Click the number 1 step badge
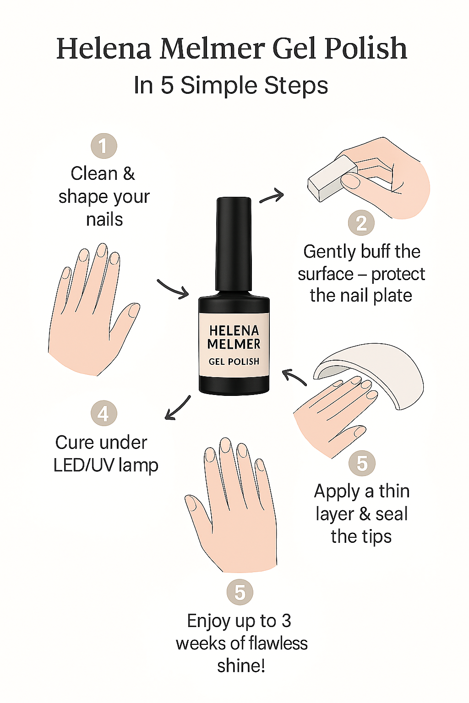(104, 146)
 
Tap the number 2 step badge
(361, 223)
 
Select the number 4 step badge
(104, 413)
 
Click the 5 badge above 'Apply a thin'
(362, 463)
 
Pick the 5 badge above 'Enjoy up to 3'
(240, 592)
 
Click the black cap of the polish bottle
(234, 244)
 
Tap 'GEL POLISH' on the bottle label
(234, 362)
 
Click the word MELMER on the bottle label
(234, 344)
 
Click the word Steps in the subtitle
(296, 85)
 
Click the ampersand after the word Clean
(129, 173)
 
